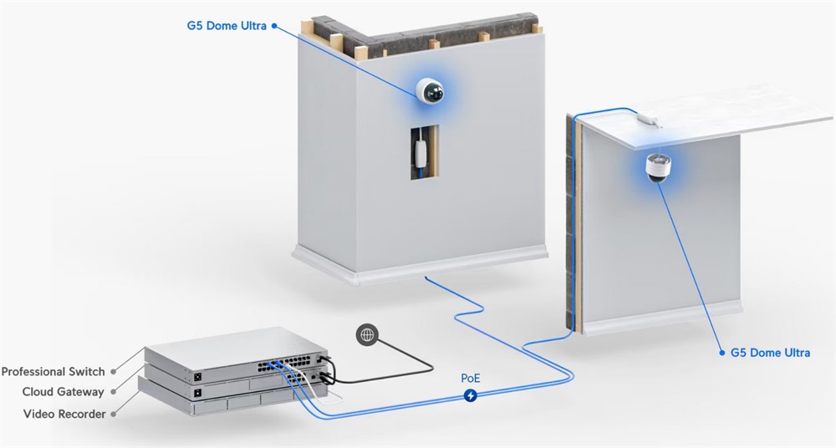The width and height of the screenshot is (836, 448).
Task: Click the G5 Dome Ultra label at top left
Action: click(226, 25)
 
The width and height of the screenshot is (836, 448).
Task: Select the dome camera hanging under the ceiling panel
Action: click(658, 167)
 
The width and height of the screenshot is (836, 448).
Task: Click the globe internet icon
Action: click(366, 335)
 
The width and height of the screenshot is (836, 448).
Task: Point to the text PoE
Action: click(471, 377)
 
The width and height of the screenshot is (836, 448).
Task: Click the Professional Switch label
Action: click(54, 371)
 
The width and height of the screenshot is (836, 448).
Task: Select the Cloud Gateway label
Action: click(64, 392)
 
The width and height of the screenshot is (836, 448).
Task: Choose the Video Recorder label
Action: click(64, 414)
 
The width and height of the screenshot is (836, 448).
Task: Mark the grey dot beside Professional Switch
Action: click(114, 371)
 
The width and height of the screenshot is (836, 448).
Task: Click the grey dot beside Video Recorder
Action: click(113, 414)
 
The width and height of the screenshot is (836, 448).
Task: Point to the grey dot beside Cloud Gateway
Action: click(113, 392)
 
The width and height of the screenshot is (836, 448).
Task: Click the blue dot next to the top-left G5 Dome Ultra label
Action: click(274, 26)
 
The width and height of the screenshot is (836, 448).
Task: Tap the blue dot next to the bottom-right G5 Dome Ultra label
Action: click(721, 353)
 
